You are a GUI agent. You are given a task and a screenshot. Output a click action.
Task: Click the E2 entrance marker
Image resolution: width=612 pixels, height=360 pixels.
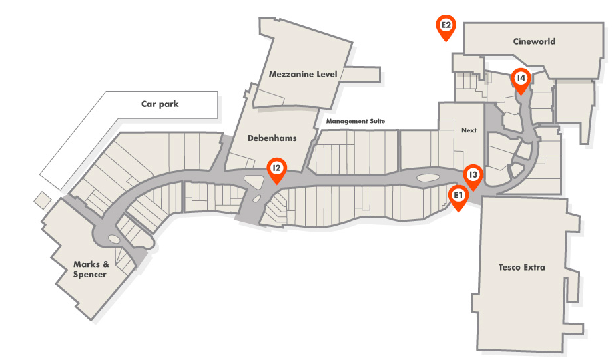point(446,27)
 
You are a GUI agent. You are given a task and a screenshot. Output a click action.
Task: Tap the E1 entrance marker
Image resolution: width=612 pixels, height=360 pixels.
point(458,196)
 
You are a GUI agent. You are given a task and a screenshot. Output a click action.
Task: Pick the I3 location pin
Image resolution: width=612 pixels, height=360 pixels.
point(473,176)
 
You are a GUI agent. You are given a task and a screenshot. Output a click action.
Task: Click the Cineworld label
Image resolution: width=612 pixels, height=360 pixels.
point(534,41)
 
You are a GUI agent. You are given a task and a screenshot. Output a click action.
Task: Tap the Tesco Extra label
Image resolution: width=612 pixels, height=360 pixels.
point(521,268)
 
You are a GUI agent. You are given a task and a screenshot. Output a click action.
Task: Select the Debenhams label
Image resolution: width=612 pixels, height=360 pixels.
point(272,138)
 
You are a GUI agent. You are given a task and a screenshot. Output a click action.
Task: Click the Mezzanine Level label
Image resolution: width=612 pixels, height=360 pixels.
point(303,74)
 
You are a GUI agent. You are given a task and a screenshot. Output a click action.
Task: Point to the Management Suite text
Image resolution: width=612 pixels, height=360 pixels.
point(356,122)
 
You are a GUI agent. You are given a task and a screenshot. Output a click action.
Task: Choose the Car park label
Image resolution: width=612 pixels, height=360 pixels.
point(160,104)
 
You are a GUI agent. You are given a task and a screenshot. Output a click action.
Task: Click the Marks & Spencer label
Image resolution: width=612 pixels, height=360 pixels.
point(90,269)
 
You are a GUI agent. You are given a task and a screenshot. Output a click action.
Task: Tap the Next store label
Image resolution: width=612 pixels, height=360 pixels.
point(469,130)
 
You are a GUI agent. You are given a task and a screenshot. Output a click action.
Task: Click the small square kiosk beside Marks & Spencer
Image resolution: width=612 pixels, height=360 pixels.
point(42,200)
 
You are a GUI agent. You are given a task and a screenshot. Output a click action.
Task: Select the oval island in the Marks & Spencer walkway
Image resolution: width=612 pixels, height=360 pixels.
point(113,238)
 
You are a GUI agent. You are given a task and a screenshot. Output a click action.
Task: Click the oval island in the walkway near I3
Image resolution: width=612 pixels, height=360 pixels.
point(428,178)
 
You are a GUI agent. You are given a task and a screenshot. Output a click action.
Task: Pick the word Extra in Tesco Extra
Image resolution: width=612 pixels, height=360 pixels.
point(534,268)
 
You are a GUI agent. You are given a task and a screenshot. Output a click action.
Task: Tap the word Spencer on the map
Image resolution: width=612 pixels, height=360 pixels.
point(90,274)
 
